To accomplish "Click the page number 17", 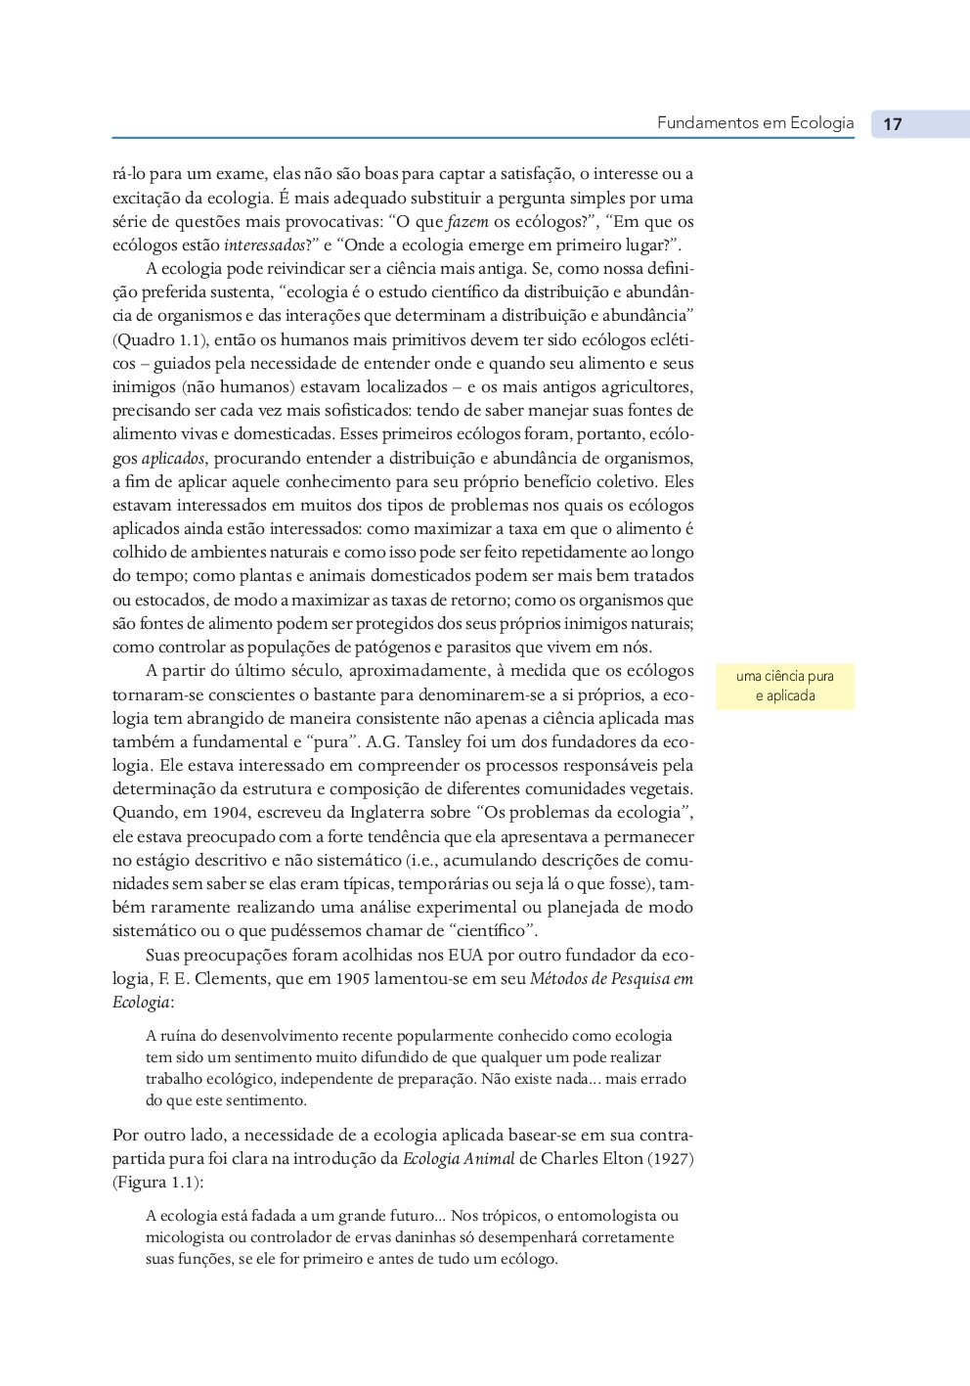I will pyautogui.click(x=892, y=124).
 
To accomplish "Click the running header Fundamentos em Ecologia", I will pyautogui.click(x=755, y=123).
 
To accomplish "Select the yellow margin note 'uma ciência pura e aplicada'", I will pyautogui.click(x=784, y=686).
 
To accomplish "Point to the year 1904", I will pyautogui.click(x=230, y=813).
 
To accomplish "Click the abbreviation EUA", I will pyautogui.click(x=465, y=956).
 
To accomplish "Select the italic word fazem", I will pyautogui.click(x=467, y=222).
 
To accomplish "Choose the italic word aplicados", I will pyautogui.click(x=173, y=459).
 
